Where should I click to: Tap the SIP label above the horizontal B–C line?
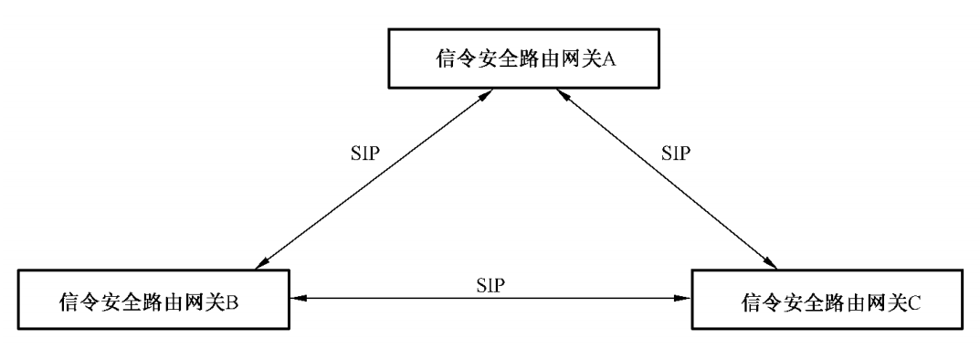pyautogui.click(x=490, y=284)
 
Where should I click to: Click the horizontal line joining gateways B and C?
pyautogui.click(x=490, y=298)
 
